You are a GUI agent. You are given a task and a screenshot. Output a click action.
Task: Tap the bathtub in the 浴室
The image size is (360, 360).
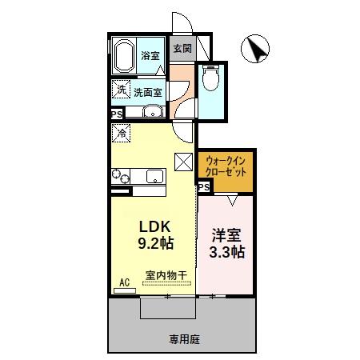click(x=123, y=57)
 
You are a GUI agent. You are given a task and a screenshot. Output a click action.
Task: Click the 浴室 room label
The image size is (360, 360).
click(x=150, y=57)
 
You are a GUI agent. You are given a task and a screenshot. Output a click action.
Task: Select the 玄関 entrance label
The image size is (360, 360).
click(x=182, y=48)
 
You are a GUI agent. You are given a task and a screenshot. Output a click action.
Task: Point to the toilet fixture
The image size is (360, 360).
click(x=210, y=79)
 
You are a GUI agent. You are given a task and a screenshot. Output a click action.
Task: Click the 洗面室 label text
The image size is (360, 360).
click(x=148, y=92)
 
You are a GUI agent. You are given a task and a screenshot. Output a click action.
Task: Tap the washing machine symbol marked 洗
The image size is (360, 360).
click(x=120, y=90)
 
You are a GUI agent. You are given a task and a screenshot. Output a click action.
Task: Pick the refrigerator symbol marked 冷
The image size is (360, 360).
click(x=121, y=133)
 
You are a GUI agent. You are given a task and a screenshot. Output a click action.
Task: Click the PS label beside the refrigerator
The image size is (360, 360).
click(x=116, y=114)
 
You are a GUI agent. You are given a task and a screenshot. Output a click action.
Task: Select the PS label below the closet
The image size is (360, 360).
click(x=204, y=186)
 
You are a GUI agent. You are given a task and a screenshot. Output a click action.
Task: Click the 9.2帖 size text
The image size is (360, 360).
click(x=153, y=241)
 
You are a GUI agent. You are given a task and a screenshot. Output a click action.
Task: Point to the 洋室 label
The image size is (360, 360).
click(x=226, y=236)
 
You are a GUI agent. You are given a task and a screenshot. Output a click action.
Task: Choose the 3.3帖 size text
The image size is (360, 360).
click(x=227, y=252)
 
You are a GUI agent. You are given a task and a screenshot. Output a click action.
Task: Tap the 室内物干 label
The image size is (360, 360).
click(x=166, y=275)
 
